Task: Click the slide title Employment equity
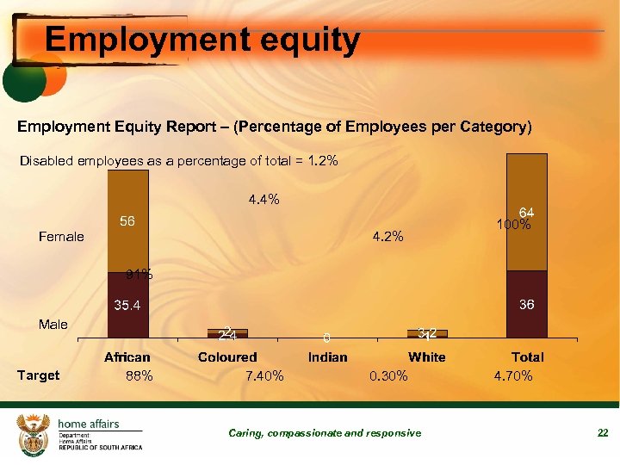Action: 202,40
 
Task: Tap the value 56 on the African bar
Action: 127,222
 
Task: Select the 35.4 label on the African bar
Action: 127,305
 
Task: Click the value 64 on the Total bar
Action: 527,213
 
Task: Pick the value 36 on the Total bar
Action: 527,305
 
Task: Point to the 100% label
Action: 513,226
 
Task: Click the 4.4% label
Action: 263,200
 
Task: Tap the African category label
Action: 127,356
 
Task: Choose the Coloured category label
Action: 227,356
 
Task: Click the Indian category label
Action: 327,356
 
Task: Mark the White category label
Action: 427,356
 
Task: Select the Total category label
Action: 527,356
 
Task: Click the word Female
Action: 61,237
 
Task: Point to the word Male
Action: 53,325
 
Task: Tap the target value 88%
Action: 139,376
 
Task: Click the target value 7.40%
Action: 264,376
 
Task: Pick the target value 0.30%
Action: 388,376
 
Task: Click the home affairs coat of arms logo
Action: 34,432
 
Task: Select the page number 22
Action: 603,433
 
